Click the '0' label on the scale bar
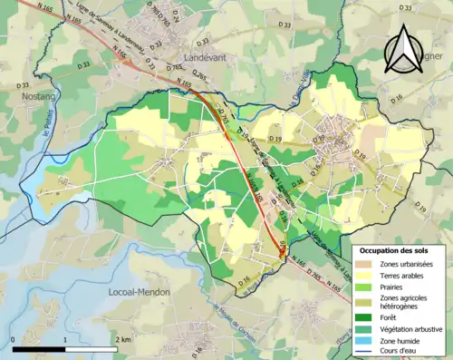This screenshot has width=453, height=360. coord(14,339)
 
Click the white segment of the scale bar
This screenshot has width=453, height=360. coord(92,349)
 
